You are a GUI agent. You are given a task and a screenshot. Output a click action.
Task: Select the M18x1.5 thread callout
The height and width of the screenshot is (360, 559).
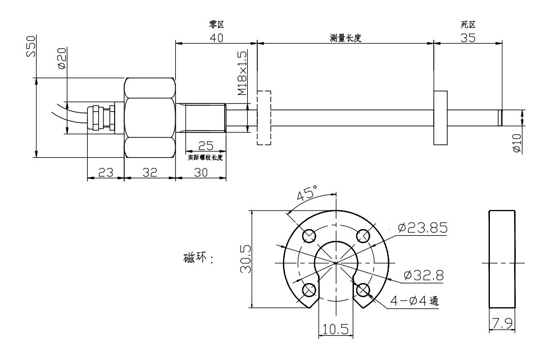coord(242,72)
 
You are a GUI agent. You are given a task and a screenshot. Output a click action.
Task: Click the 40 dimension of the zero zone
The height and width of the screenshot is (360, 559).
coord(216,38)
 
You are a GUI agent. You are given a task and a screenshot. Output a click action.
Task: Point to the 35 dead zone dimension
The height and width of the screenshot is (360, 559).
coord(468,38)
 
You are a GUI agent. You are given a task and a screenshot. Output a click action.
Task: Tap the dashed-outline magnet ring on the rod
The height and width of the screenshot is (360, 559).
coord(263,117)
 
